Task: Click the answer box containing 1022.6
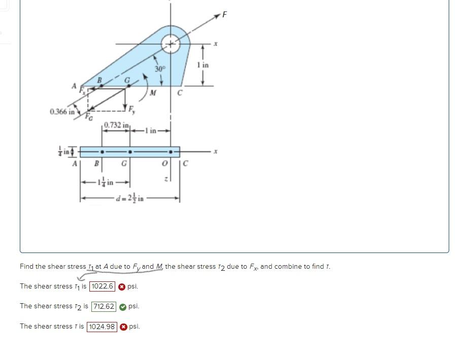(x=102, y=286)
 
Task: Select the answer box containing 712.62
(x=104, y=306)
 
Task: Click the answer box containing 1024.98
(x=102, y=327)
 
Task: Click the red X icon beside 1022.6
(x=122, y=286)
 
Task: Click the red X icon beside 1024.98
(x=123, y=327)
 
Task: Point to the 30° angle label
(x=160, y=68)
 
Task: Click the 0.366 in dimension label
(x=62, y=111)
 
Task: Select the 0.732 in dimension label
(x=117, y=125)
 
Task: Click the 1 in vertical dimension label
(x=203, y=65)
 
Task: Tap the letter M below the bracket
(x=153, y=93)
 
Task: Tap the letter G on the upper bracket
(x=128, y=80)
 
